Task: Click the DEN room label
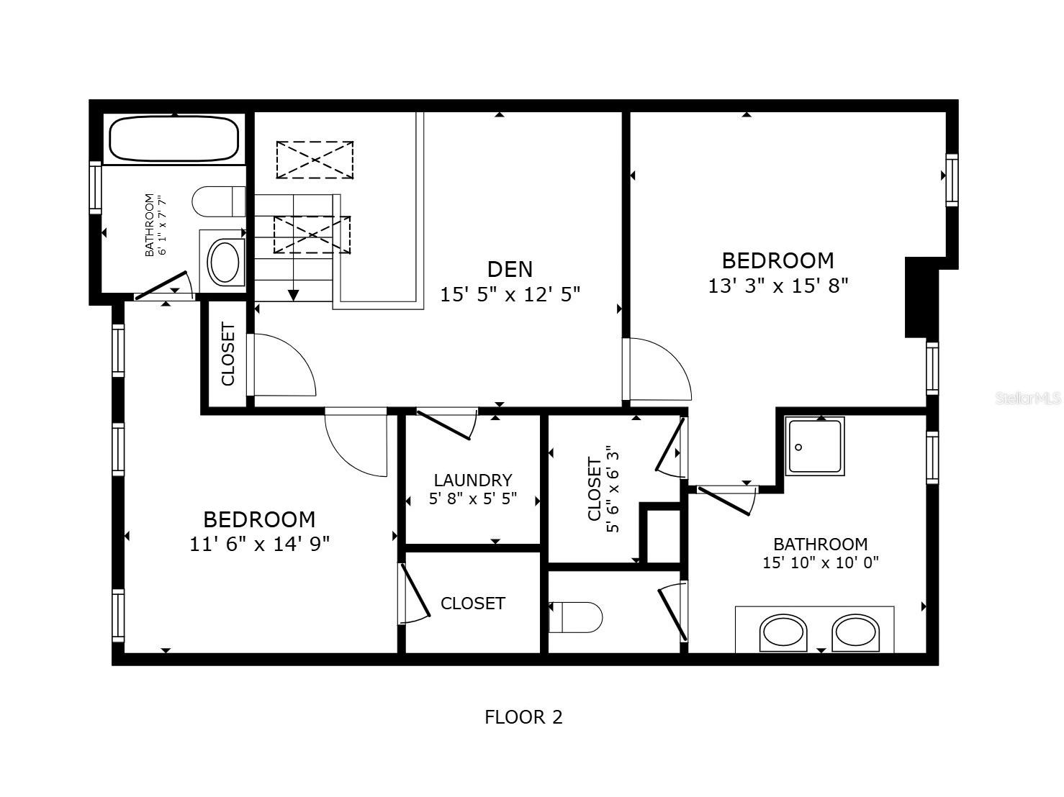pyautogui.click(x=510, y=269)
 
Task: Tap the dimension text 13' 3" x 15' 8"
pyautogui.click(x=778, y=286)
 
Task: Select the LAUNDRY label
pyautogui.click(x=473, y=480)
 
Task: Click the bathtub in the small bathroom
pyautogui.click(x=173, y=139)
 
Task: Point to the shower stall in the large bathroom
pyautogui.click(x=815, y=447)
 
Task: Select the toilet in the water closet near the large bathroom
pyautogui.click(x=575, y=617)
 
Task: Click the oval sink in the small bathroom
pyautogui.click(x=224, y=263)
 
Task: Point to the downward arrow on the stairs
pyautogui.click(x=293, y=294)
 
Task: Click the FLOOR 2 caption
pyautogui.click(x=523, y=717)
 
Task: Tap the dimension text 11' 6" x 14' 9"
pyautogui.click(x=259, y=544)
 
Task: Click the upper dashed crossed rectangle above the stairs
pyautogui.click(x=315, y=160)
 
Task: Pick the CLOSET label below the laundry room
pyautogui.click(x=472, y=604)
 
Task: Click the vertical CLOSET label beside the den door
pyautogui.click(x=228, y=355)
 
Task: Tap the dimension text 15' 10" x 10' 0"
pyautogui.click(x=821, y=563)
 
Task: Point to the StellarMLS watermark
pyautogui.click(x=1028, y=398)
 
